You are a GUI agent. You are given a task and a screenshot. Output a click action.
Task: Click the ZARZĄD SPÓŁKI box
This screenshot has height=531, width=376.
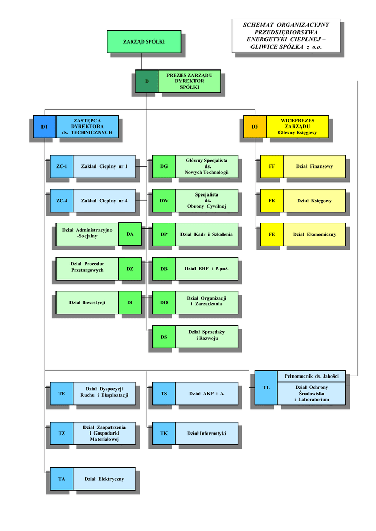(x=144, y=41)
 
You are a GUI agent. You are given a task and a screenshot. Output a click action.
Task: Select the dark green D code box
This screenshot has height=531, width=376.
(x=147, y=81)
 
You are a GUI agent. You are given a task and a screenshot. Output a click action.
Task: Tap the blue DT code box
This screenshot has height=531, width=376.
(x=45, y=127)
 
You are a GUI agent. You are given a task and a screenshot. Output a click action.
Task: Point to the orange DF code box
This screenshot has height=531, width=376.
(x=255, y=127)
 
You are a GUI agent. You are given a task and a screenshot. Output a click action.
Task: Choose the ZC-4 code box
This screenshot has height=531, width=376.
(x=62, y=201)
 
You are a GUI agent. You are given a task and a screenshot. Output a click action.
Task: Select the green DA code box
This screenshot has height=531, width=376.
(x=130, y=234)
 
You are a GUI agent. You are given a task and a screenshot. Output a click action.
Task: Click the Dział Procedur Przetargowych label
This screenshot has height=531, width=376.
(x=87, y=267)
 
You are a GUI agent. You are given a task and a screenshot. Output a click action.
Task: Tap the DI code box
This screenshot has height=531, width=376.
(x=130, y=302)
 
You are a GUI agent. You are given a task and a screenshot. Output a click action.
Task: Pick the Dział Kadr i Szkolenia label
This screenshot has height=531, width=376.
(x=206, y=234)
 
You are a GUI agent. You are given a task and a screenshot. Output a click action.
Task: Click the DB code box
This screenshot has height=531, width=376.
(x=164, y=269)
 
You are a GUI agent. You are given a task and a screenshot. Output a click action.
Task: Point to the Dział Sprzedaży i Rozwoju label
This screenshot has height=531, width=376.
(x=206, y=335)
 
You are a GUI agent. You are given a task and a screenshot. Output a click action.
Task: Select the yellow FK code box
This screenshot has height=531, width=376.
(x=272, y=201)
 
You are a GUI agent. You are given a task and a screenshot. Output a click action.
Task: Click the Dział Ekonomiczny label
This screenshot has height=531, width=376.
(x=314, y=234)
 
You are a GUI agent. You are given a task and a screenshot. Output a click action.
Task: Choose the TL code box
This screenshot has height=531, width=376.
(x=266, y=388)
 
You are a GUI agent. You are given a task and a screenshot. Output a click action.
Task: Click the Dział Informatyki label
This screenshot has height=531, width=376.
(x=206, y=433)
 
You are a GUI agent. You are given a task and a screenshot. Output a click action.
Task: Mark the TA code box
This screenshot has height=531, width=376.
(x=62, y=479)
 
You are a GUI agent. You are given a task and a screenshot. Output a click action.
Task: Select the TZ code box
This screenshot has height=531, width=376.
(x=62, y=433)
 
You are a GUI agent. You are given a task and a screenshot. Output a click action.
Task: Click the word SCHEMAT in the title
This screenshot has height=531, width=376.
(x=258, y=25)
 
